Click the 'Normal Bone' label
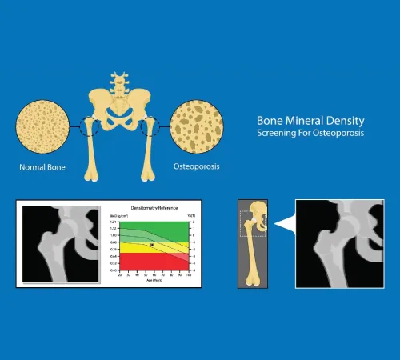[x=41, y=169]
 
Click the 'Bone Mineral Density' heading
[x=307, y=118]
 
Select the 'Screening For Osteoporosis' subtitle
[x=309, y=132]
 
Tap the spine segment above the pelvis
[x=119, y=80]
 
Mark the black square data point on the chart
[x=152, y=246]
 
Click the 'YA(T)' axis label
[x=192, y=214]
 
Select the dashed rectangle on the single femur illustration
[x=251, y=224]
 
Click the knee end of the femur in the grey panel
[x=254, y=279]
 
